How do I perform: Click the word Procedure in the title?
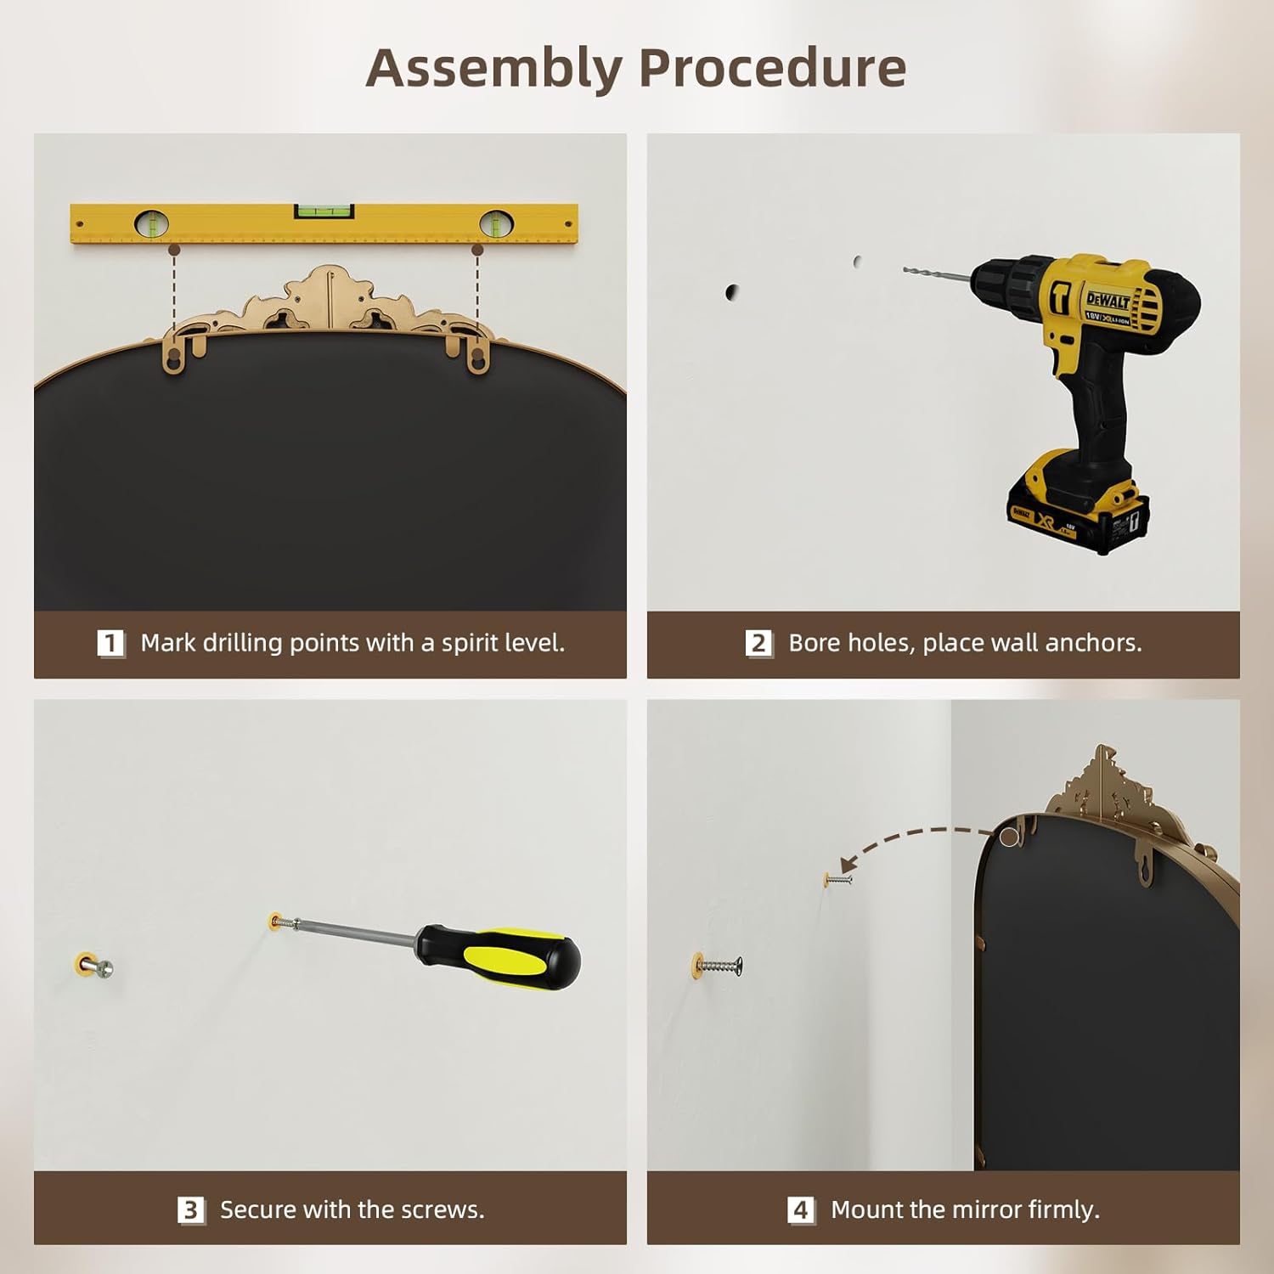[x=772, y=68]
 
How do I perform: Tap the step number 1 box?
[x=111, y=643]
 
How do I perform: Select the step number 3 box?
[x=191, y=1209]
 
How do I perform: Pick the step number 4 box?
[x=801, y=1209]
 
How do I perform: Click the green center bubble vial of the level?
[x=324, y=210]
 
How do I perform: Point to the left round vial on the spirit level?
[x=152, y=223]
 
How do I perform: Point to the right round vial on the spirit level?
[x=496, y=223]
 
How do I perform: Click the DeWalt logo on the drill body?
[x=1108, y=300]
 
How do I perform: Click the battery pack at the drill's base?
[x=1079, y=505]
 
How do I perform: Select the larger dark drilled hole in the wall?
[x=731, y=292]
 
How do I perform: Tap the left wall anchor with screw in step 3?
[x=93, y=966]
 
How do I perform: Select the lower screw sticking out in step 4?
[x=719, y=965]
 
